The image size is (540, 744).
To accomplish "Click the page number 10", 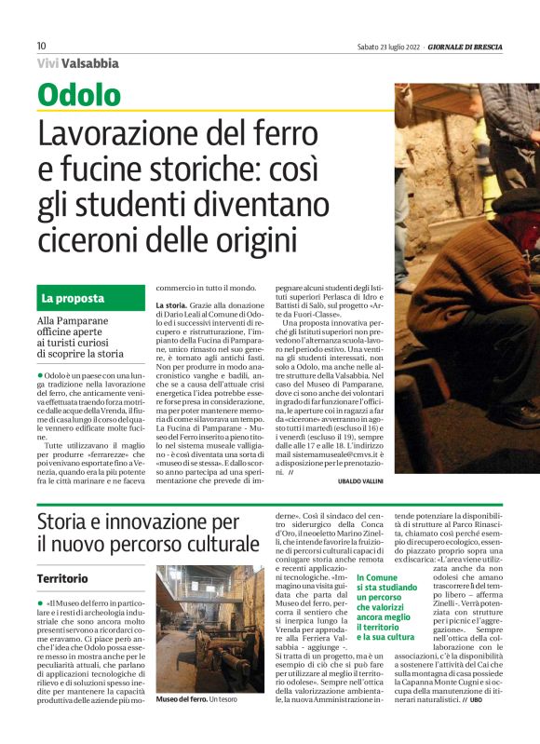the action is (42, 47).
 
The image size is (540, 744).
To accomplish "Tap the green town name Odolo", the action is (79, 95).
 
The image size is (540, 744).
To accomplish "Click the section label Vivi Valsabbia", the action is (78, 63).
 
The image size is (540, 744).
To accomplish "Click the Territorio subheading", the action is (63, 578).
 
